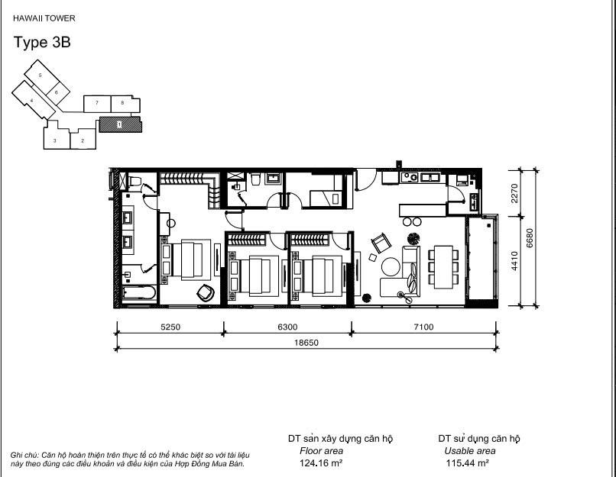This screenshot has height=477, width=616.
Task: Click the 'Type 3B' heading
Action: pyautogui.click(x=42, y=43)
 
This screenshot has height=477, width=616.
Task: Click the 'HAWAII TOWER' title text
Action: pyautogui.click(x=44, y=18)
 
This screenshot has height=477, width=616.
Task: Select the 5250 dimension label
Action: pyautogui.click(x=170, y=327)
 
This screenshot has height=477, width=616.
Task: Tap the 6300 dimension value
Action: pyautogui.click(x=287, y=327)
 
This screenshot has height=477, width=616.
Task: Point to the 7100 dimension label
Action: pyautogui.click(x=423, y=327)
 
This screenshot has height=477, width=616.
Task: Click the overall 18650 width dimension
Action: pyautogui.click(x=306, y=343)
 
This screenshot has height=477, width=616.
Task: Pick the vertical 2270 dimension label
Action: pyautogui.click(x=514, y=193)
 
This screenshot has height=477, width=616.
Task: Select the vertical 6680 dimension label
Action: pyautogui.click(x=530, y=237)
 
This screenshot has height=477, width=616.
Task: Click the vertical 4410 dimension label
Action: pyautogui.click(x=514, y=261)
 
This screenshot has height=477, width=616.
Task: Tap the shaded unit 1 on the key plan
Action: pyautogui.click(x=120, y=124)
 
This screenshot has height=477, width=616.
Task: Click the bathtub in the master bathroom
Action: pyautogui.click(x=138, y=293)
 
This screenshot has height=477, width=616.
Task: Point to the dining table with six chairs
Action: pyautogui.click(x=443, y=267)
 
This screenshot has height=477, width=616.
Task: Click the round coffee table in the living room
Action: pyautogui.click(x=391, y=267)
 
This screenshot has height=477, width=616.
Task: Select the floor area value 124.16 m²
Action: pyautogui.click(x=321, y=463)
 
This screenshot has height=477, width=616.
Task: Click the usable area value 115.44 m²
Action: pyautogui.click(x=467, y=463)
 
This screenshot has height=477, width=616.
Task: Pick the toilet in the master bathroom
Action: pyautogui.click(x=135, y=181)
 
